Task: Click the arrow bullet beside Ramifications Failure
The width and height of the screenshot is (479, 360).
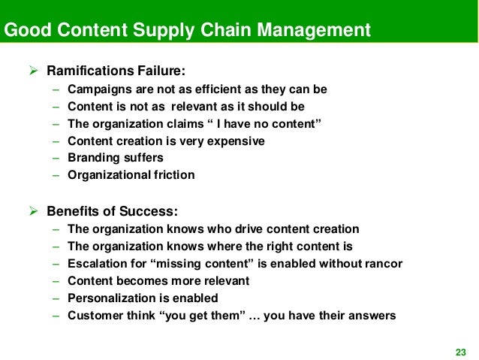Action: (34, 72)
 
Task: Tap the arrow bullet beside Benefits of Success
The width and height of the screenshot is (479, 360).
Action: (34, 210)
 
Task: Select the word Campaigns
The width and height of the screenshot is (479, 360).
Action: (98, 89)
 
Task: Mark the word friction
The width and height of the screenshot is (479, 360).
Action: (174, 175)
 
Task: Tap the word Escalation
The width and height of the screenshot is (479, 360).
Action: (97, 264)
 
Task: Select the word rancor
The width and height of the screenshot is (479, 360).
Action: (381, 264)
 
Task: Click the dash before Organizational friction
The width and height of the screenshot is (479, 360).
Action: (56, 175)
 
